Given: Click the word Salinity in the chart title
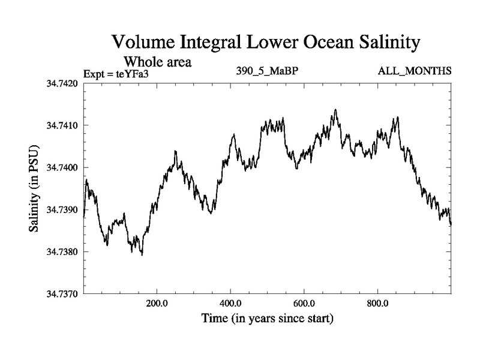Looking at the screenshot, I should pos(377,43).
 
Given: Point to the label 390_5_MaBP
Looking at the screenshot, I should pos(268,71).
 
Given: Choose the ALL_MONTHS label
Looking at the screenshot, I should pos(414,71).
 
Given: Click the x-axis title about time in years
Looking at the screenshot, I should pos(267,319).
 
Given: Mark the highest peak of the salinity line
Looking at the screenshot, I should pos(335,110).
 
